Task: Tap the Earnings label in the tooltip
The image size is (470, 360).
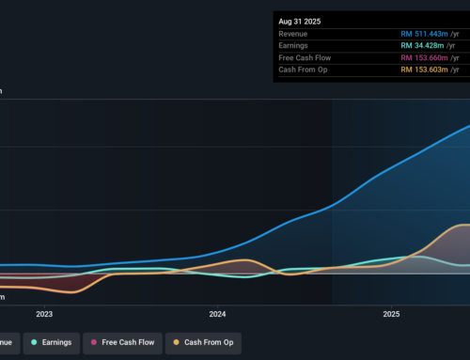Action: (295, 45)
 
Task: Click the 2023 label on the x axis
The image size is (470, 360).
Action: (44, 315)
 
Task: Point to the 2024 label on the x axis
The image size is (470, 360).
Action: (217, 315)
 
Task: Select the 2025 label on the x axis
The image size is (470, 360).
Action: (391, 315)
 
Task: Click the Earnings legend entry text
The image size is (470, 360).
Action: (56, 342)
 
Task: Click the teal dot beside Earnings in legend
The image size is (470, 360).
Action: (34, 342)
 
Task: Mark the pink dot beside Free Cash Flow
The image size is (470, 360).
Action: (95, 342)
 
